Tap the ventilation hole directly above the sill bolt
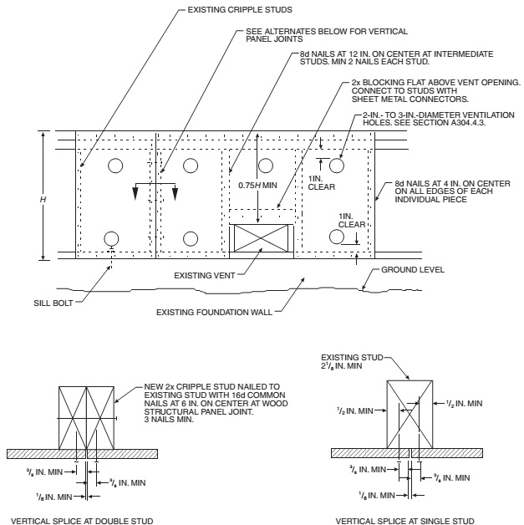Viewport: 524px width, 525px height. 110,237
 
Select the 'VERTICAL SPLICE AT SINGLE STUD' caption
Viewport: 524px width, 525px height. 405,520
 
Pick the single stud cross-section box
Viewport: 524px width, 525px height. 410,413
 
